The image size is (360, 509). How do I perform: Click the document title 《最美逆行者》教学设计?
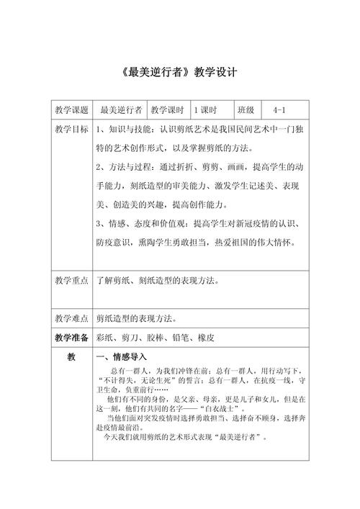click(180, 73)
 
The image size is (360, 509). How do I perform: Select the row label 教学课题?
click(71, 110)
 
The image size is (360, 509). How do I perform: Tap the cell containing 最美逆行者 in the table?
click(120, 110)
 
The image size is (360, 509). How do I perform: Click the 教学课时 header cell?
click(167, 110)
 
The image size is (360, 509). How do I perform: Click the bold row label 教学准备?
click(71, 337)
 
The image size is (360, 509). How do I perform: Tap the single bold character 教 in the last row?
click(71, 357)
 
